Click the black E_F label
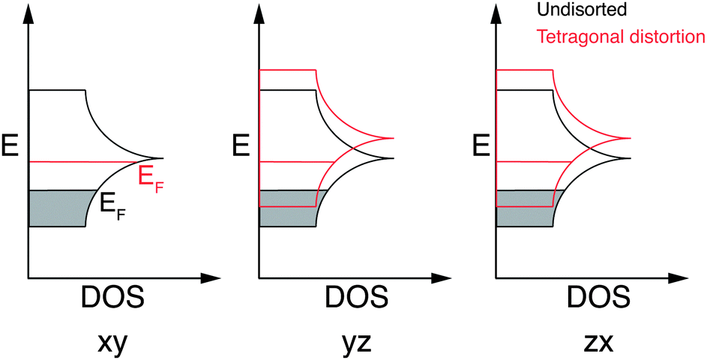(x=112, y=205)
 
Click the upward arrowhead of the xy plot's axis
(x=28, y=12)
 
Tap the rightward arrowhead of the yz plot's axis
(x=445, y=278)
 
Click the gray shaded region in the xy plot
(x=56, y=208)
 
